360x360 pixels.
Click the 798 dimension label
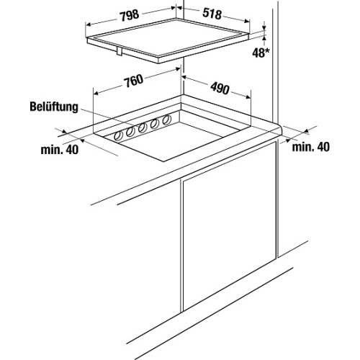click(130, 15)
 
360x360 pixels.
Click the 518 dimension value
click(212, 14)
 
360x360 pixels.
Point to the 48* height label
click(259, 53)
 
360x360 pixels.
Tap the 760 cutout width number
click(133, 81)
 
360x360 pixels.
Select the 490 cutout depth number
click(220, 89)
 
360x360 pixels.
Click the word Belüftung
click(54, 107)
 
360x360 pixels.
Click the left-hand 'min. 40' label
click(60, 150)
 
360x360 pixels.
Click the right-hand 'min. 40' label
click(311, 147)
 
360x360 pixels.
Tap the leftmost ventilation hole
click(118, 136)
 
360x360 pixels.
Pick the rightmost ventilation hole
click(166, 120)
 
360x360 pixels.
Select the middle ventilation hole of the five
click(143, 128)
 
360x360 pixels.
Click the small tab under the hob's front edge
click(120, 51)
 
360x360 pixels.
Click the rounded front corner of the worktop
click(279, 131)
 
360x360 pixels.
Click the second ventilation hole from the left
click(130, 132)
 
